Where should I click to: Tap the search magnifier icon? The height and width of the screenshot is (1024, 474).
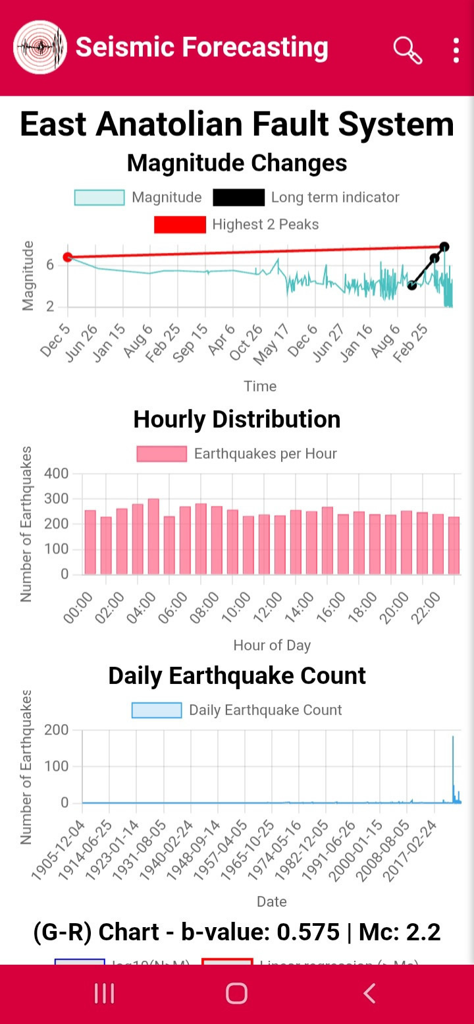408,49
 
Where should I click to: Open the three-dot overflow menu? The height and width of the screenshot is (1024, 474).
456,50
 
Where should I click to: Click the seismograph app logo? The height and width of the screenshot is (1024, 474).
40,47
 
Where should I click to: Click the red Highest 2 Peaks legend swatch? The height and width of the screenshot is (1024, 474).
180,225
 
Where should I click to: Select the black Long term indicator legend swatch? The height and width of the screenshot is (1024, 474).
238,198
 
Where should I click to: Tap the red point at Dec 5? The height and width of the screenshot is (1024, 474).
67,257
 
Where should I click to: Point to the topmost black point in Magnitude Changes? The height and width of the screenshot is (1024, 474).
444,247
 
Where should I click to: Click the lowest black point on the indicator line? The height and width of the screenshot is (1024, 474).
412,285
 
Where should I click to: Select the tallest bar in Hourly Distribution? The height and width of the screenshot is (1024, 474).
153,536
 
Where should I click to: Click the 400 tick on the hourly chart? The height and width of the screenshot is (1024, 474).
57,474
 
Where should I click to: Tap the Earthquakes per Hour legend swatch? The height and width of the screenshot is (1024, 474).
162,454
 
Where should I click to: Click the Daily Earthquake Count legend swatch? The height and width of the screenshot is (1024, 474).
157,710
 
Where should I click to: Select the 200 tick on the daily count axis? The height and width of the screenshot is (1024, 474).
57,730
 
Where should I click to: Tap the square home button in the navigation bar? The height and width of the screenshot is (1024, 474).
236,993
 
